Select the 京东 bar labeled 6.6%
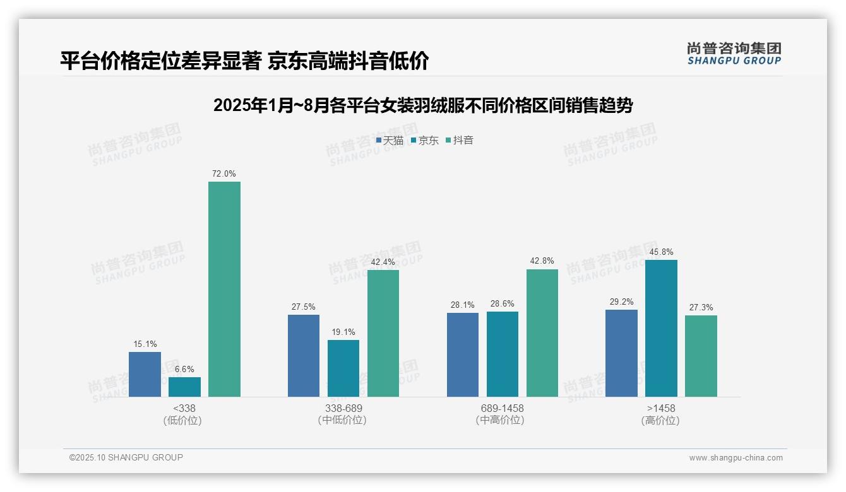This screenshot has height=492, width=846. pos(184,387)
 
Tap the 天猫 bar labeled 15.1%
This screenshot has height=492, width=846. pos(145,374)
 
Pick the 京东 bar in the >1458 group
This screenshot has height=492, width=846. pos(661,328)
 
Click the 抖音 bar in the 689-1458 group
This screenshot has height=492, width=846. pos(542,333)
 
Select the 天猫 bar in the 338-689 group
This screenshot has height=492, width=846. pos(304,356)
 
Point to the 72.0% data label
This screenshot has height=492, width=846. pos(224,173)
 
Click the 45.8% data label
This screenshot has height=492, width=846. pos(661,252)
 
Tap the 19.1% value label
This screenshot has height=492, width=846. pos(343,332)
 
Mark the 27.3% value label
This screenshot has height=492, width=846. pos(701,307)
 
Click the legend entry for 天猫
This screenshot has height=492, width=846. pos(390,141)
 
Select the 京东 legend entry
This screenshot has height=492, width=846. pos(424,141)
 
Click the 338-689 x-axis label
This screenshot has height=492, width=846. pos(343,408)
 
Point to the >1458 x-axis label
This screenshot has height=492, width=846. pos(661,408)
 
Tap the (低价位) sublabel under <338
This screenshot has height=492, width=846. pos(182,421)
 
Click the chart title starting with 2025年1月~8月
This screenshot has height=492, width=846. pos(423,105)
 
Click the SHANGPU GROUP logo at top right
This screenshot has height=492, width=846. pos(734,54)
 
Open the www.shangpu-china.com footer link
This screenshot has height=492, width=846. pos(736,458)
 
